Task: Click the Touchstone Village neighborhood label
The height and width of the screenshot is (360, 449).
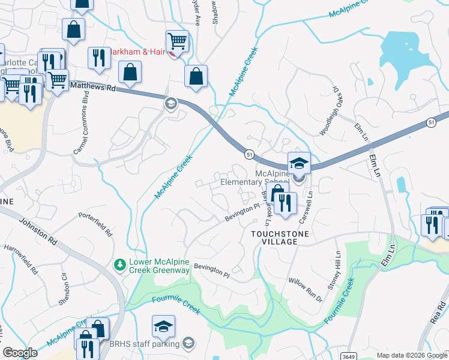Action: click(274, 237)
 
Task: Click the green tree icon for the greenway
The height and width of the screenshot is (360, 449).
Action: click(120, 264)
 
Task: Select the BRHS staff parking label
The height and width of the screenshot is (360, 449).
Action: click(144, 344)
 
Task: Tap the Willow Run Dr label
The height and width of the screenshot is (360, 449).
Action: click(305, 290)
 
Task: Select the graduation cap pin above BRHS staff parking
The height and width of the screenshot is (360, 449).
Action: click(163, 326)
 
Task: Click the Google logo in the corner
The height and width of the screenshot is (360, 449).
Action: click(20, 353)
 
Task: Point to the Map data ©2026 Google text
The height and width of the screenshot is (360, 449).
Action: click(412, 355)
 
